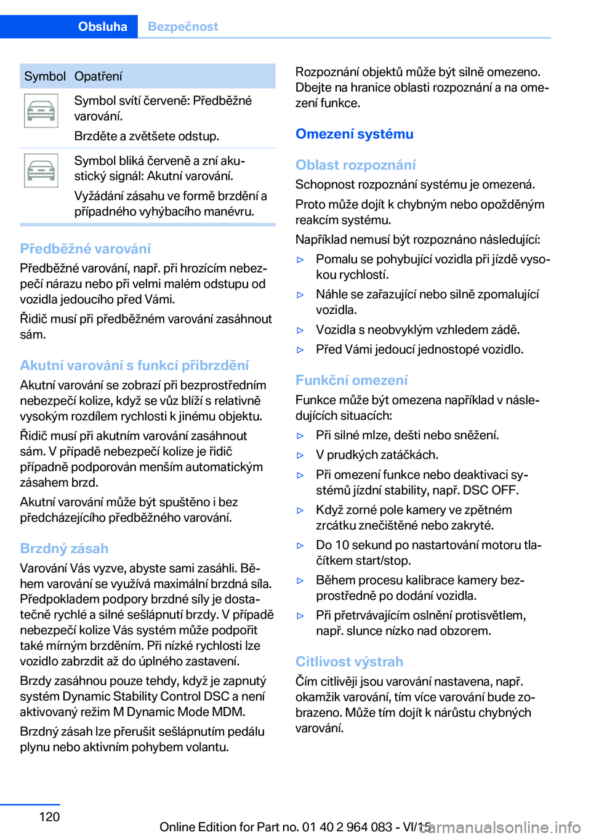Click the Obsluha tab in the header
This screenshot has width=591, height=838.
click(102, 26)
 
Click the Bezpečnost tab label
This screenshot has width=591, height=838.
click(183, 26)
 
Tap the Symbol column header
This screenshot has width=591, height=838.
click(45, 76)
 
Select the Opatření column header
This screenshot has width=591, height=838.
click(98, 76)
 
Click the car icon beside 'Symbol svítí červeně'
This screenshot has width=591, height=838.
click(41, 111)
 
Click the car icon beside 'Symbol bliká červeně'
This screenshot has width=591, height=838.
click(41, 170)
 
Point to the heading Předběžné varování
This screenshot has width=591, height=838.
click(85, 249)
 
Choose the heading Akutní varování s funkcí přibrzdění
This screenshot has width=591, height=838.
click(134, 365)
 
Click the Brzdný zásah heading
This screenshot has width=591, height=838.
click(64, 548)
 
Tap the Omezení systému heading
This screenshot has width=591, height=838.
click(354, 134)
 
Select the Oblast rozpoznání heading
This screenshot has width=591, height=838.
click(355, 165)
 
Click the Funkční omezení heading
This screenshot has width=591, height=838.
click(351, 380)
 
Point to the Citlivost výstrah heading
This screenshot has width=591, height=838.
click(349, 661)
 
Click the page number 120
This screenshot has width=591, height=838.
click(49, 816)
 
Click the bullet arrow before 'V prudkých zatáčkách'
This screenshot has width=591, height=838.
click(300, 455)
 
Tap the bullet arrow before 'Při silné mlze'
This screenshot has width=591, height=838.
click(300, 436)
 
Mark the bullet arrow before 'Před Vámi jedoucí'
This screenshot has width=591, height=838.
click(300, 349)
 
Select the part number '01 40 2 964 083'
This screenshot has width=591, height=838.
click(347, 827)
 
